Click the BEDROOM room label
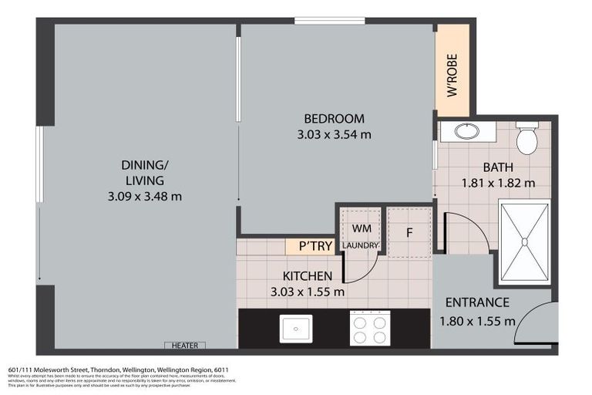(334, 119)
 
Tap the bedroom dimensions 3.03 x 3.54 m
(334, 134)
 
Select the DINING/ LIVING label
(144, 172)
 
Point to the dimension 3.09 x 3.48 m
(145, 196)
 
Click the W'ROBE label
(452, 74)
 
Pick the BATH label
(498, 167)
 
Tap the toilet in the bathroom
(526, 139)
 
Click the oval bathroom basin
(467, 131)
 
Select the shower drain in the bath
(524, 241)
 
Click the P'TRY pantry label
(309, 247)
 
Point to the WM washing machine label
(362, 229)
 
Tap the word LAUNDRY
(361, 246)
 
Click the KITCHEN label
(308, 276)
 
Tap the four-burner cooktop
(369, 329)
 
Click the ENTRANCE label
(477, 302)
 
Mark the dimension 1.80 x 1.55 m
(477, 321)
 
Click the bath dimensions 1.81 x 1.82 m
(498, 184)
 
